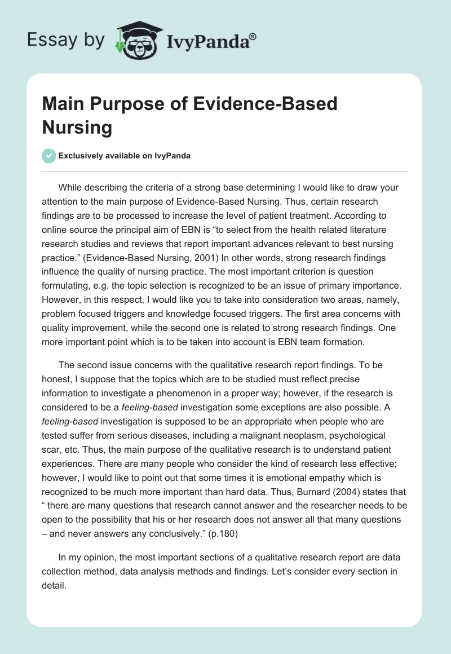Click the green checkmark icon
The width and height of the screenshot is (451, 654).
49,156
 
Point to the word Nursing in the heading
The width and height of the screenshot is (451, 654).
77,127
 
